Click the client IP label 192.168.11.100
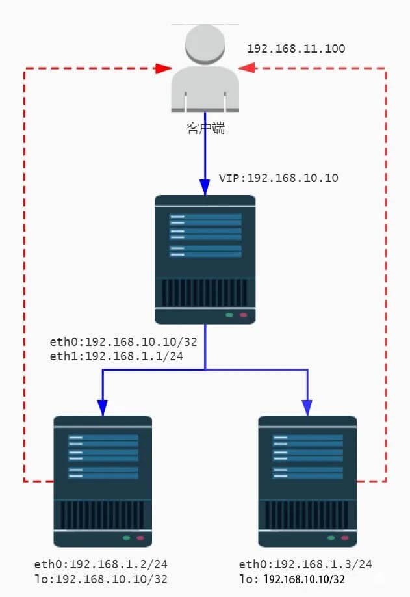[x=296, y=49]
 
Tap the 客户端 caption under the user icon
[x=205, y=129]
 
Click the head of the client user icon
[x=205, y=44]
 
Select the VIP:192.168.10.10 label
[x=278, y=178]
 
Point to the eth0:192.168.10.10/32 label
[x=123, y=341]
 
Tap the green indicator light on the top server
[x=229, y=315]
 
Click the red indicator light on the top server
[x=244, y=315]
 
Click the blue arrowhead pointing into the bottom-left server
[x=103, y=408]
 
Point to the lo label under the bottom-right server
[x=292, y=578]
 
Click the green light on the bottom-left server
[x=127, y=538]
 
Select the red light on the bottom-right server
[x=346, y=538]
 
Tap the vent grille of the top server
[x=205, y=293]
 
